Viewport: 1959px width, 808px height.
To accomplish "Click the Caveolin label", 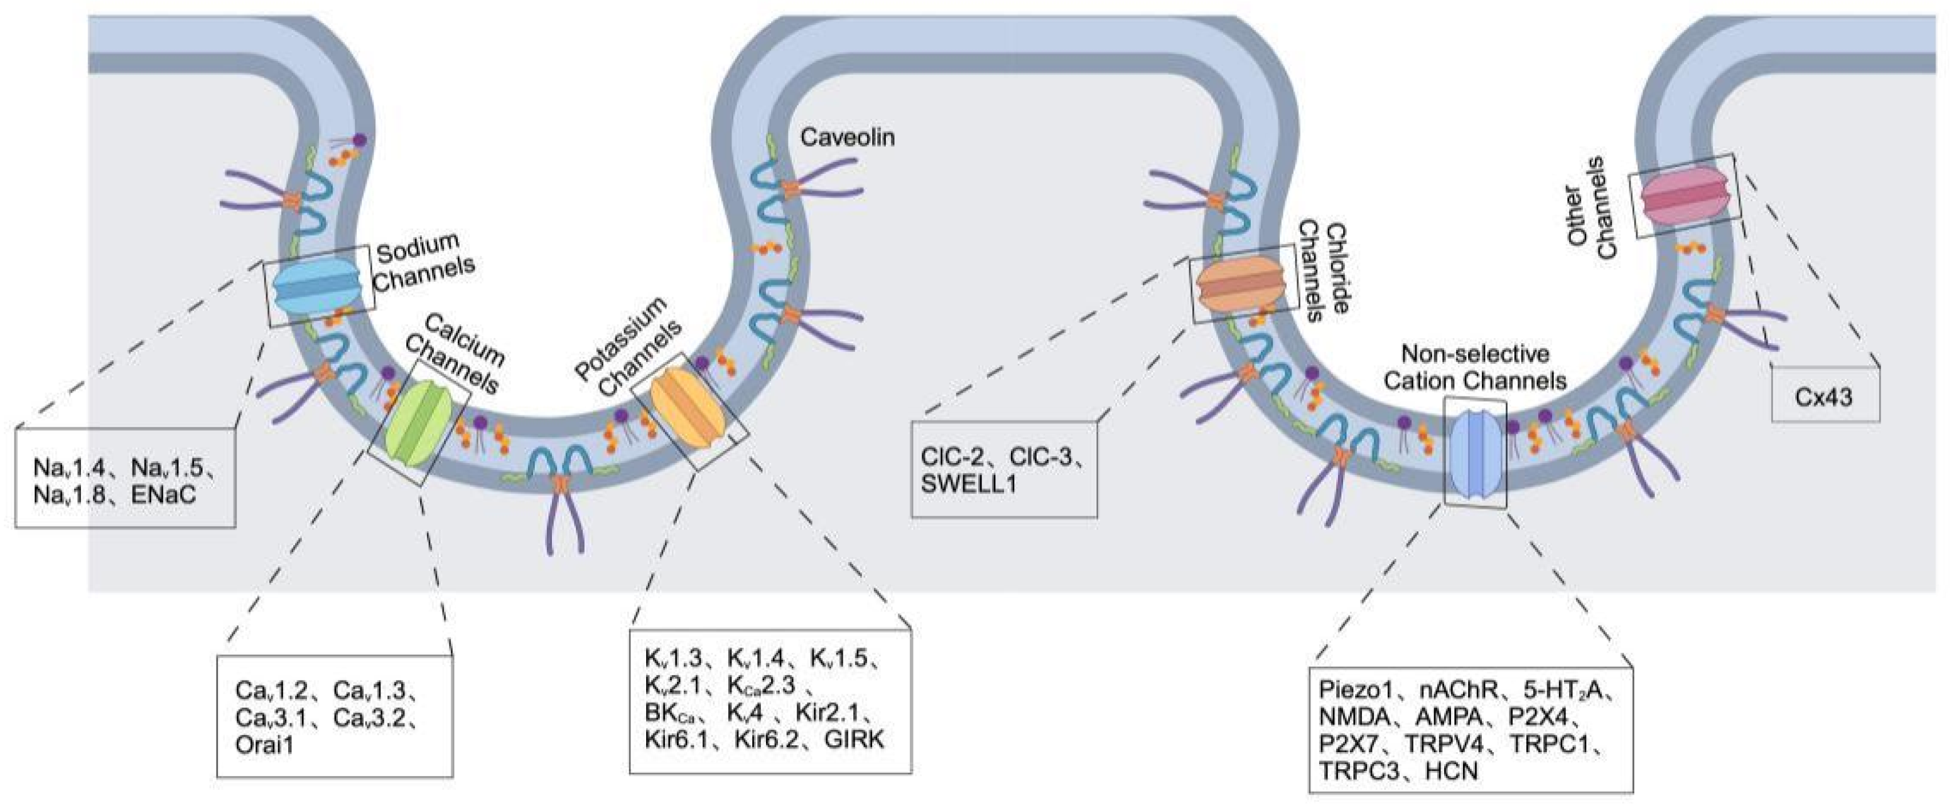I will click(x=847, y=137).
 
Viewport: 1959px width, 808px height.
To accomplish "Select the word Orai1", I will click(x=264, y=744).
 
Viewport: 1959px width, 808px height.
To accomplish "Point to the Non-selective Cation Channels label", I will click(x=1474, y=367).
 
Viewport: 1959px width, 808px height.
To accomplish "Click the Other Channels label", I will click(x=1591, y=208).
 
